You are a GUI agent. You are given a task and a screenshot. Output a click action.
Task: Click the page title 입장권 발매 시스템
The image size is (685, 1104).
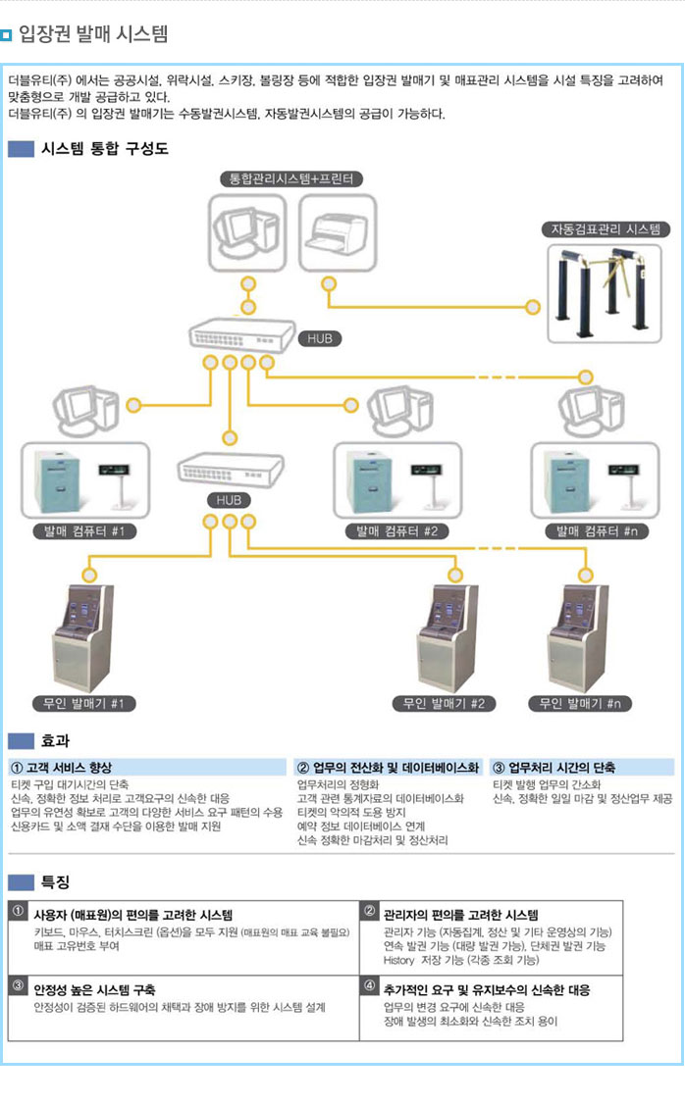click(93, 35)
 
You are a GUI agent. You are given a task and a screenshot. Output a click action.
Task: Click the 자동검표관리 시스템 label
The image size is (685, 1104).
click(606, 229)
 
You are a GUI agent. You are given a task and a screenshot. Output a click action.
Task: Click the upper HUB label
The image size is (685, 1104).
click(320, 338)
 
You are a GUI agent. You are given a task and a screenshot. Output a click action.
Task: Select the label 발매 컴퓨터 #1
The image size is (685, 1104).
click(84, 531)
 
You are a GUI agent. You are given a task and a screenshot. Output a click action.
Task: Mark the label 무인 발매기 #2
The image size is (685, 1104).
click(444, 703)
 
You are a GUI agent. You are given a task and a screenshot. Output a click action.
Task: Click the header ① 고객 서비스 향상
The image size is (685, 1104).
click(61, 767)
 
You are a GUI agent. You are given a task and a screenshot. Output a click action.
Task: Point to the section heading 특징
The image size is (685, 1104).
click(55, 881)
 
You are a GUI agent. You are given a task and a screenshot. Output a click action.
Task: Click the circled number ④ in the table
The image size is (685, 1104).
click(370, 985)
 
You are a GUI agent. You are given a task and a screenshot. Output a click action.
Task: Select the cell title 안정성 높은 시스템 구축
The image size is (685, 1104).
click(94, 989)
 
